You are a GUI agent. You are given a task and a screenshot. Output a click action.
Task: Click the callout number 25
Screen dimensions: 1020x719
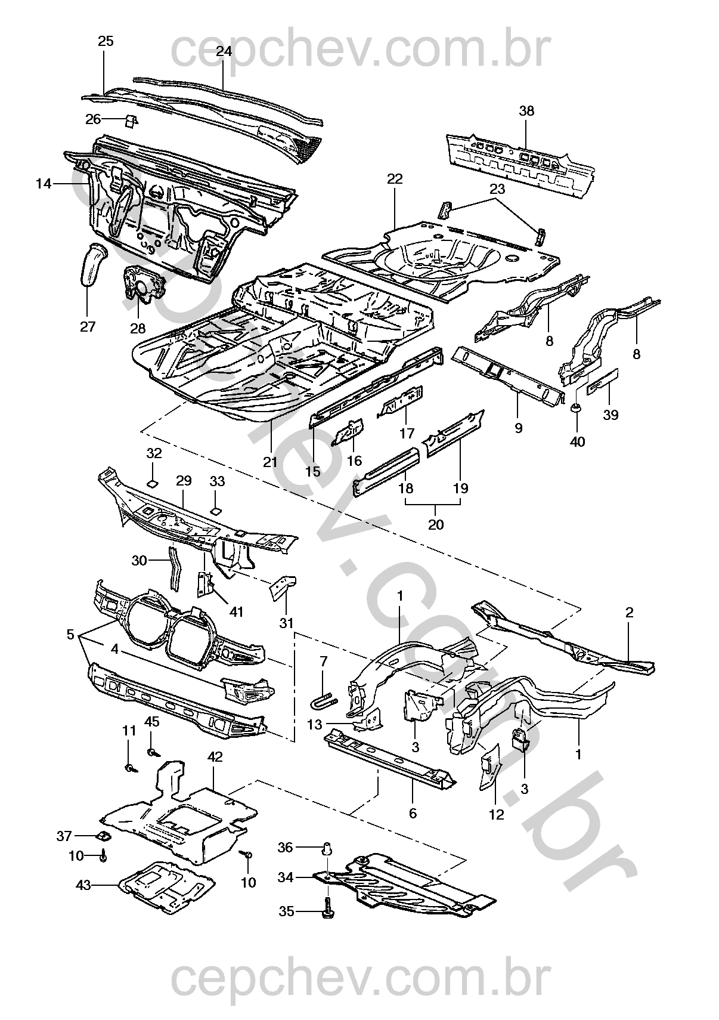click(x=106, y=41)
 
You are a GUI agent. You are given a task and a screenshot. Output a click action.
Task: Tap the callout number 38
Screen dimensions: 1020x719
click(x=526, y=111)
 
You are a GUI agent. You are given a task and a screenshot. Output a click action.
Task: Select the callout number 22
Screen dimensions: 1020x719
click(x=395, y=178)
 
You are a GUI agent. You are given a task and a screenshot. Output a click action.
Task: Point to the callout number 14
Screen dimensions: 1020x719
click(x=44, y=184)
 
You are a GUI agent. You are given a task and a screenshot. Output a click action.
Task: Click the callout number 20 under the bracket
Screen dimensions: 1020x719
click(x=436, y=524)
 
